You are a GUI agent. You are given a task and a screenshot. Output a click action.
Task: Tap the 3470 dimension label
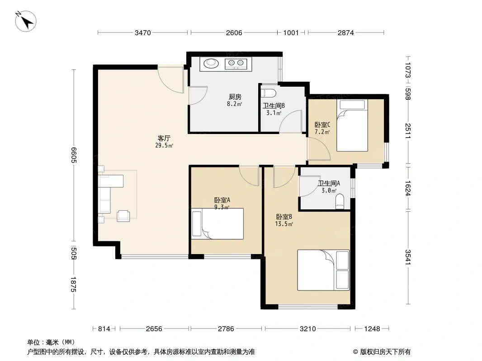coord(142,32)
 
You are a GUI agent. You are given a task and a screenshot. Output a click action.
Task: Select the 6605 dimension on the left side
coord(74,155)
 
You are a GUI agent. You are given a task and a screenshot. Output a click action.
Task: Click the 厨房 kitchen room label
coord(235,97)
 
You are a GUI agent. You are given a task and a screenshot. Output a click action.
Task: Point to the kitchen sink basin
coord(211,63)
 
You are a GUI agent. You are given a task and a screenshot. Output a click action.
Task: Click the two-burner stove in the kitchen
coord(236,64)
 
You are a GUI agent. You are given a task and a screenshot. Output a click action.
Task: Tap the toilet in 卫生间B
coord(269,93)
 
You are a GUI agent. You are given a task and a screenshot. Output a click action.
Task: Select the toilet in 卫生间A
coord(340,201)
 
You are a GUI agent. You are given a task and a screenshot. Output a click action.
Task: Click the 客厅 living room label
coord(164,139)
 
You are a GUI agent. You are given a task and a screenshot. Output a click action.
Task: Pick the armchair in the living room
coord(123,216)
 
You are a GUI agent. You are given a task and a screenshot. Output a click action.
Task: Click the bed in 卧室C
coord(352,125)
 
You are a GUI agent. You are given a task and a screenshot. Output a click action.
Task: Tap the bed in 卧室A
coord(217,224)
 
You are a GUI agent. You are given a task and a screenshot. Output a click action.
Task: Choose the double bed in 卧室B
coord(323,270)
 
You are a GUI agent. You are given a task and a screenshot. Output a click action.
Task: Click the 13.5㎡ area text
coord(284,224)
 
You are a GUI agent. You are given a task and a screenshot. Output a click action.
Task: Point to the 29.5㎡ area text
coord(164,145)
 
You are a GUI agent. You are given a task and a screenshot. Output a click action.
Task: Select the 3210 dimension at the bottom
coord(308,329)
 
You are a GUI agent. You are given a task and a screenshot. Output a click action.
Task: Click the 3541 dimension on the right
coord(408,257)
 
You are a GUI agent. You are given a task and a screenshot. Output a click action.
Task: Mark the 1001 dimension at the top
coord(291,32)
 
